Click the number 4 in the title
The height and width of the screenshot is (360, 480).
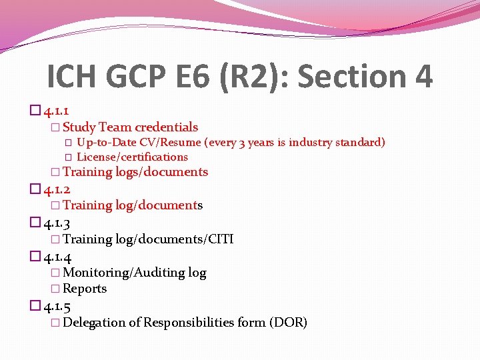422,77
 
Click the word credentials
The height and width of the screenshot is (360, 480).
166,127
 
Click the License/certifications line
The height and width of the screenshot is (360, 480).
132,157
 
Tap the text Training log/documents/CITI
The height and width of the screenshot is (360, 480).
148,239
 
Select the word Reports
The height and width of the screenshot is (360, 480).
85,289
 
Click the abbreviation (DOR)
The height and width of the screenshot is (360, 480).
288,323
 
